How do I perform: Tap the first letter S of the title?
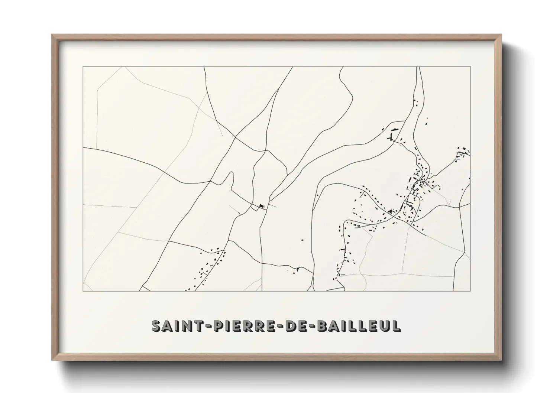pos(156,326)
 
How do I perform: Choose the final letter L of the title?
pos(397,326)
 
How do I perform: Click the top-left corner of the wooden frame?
pos(52,35)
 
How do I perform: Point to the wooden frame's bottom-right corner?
pos(501,360)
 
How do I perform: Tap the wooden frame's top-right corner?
pos(501,35)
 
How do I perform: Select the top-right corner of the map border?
pos(470,66)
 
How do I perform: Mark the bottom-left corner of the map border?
pos(83,291)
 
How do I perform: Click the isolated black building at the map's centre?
pos(261,205)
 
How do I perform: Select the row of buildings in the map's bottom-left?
pos(208,267)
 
